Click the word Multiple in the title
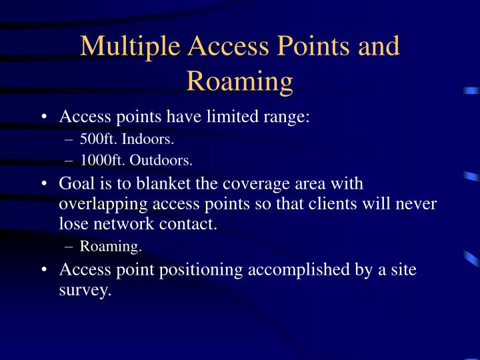(130, 46)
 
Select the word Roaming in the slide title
(240, 81)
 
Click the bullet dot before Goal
(43, 183)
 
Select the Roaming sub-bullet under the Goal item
(111, 247)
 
